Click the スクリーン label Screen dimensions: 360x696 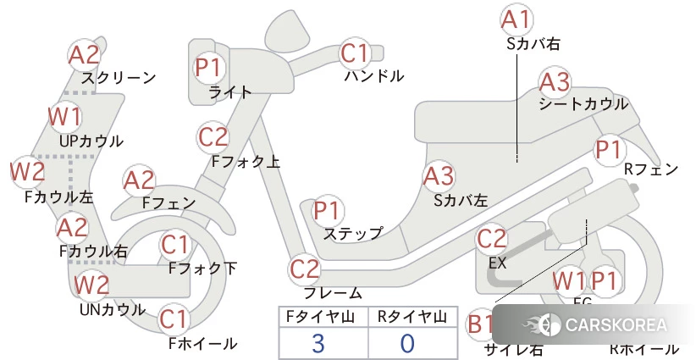click(x=119, y=78)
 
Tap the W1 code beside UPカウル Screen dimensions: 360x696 click(x=64, y=116)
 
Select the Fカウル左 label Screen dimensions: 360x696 click(x=58, y=197)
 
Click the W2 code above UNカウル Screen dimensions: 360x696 click(x=91, y=285)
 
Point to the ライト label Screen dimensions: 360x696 click(x=229, y=92)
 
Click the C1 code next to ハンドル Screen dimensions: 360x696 click(x=356, y=53)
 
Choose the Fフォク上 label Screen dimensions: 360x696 click(x=246, y=160)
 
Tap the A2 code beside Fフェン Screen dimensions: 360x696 click(x=139, y=180)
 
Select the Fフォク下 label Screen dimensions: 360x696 click(x=202, y=269)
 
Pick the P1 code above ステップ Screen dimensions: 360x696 click(x=328, y=210)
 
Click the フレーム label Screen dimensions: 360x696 click(x=332, y=293)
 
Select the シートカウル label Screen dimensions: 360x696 click(x=583, y=104)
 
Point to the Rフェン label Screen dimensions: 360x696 click(x=650, y=169)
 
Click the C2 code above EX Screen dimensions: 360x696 click(x=492, y=239)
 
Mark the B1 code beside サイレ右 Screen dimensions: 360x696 click(x=482, y=324)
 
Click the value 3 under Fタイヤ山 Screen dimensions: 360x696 click(x=318, y=343)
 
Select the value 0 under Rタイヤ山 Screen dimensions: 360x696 click(x=407, y=343)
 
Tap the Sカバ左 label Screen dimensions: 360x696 click(x=461, y=201)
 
